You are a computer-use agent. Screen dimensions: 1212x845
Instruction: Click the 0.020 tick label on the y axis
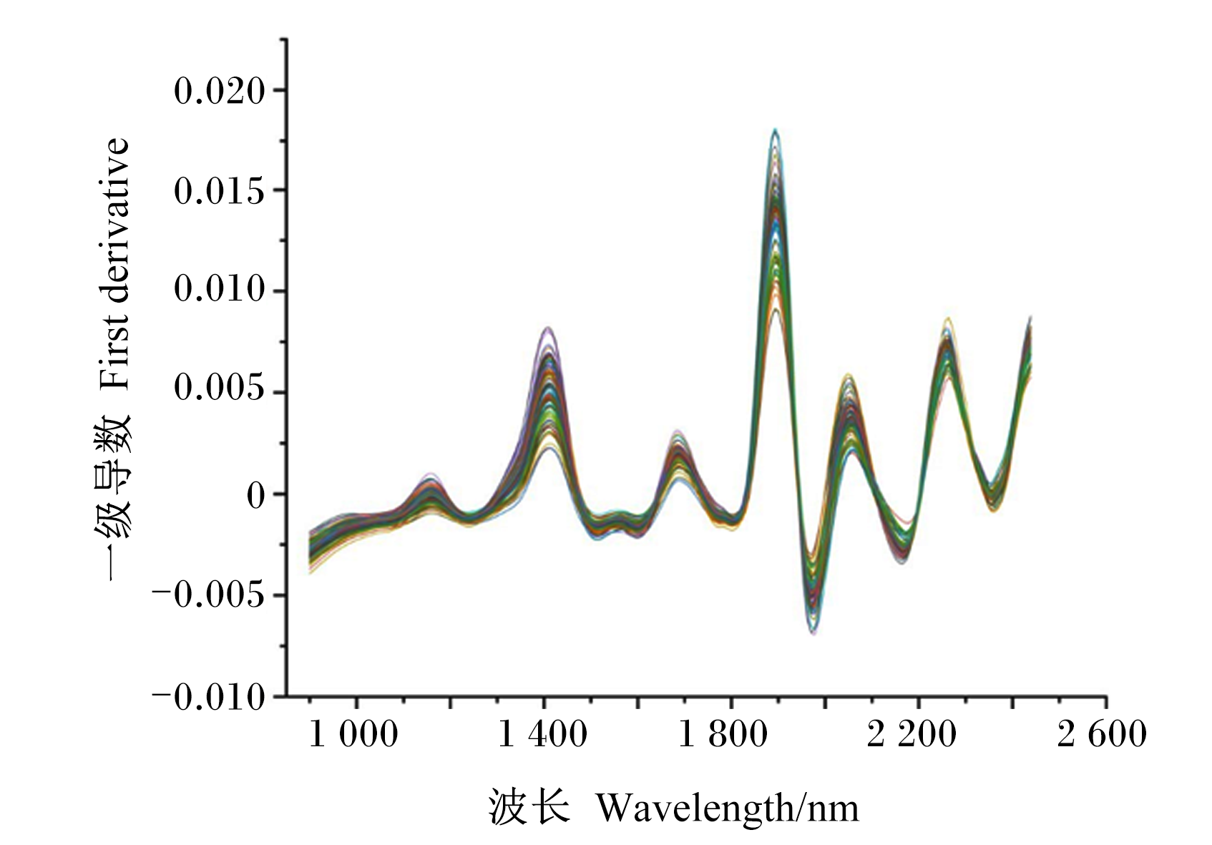(x=220, y=92)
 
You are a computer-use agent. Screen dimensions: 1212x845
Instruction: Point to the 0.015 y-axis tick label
(x=220, y=192)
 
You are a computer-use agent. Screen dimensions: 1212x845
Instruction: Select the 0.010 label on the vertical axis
(x=220, y=292)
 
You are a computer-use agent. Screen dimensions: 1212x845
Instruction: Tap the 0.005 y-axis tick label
(x=220, y=394)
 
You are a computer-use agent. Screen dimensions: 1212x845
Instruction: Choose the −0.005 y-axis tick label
(x=209, y=595)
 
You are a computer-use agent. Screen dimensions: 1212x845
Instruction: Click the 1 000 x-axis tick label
(x=353, y=735)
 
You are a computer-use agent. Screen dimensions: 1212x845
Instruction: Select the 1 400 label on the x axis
(x=542, y=735)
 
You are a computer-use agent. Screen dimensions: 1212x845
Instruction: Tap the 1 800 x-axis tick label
(x=723, y=735)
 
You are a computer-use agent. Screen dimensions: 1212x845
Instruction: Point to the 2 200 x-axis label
(x=912, y=735)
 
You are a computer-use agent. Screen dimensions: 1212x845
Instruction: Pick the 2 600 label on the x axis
(x=1102, y=735)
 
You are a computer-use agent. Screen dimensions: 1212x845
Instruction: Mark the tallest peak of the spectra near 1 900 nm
(x=776, y=130)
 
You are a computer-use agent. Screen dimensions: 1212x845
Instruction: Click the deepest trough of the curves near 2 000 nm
(x=813, y=633)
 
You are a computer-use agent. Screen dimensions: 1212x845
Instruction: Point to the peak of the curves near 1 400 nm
(x=548, y=328)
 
